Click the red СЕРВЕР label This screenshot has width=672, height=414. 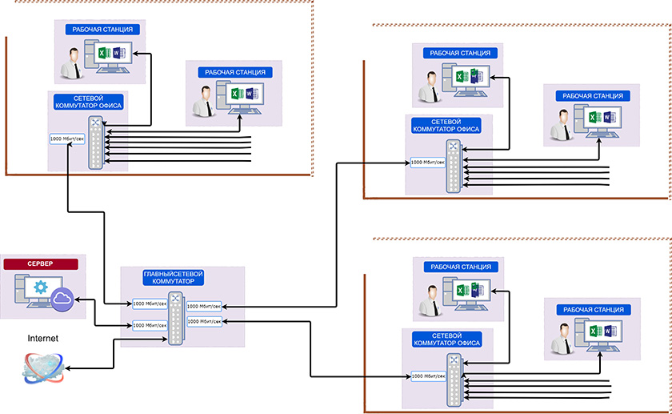pos(41,263)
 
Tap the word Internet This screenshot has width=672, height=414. pos(43,339)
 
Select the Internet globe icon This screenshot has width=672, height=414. pos(42,366)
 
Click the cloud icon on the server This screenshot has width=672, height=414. pos(63,300)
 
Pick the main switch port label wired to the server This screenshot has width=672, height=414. pos(150,325)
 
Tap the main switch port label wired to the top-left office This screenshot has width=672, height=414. pos(150,303)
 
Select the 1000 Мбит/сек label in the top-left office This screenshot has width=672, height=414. pos(67,139)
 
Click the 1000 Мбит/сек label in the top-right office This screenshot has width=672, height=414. pos(429,163)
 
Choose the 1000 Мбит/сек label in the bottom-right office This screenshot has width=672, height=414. pos(429,375)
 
